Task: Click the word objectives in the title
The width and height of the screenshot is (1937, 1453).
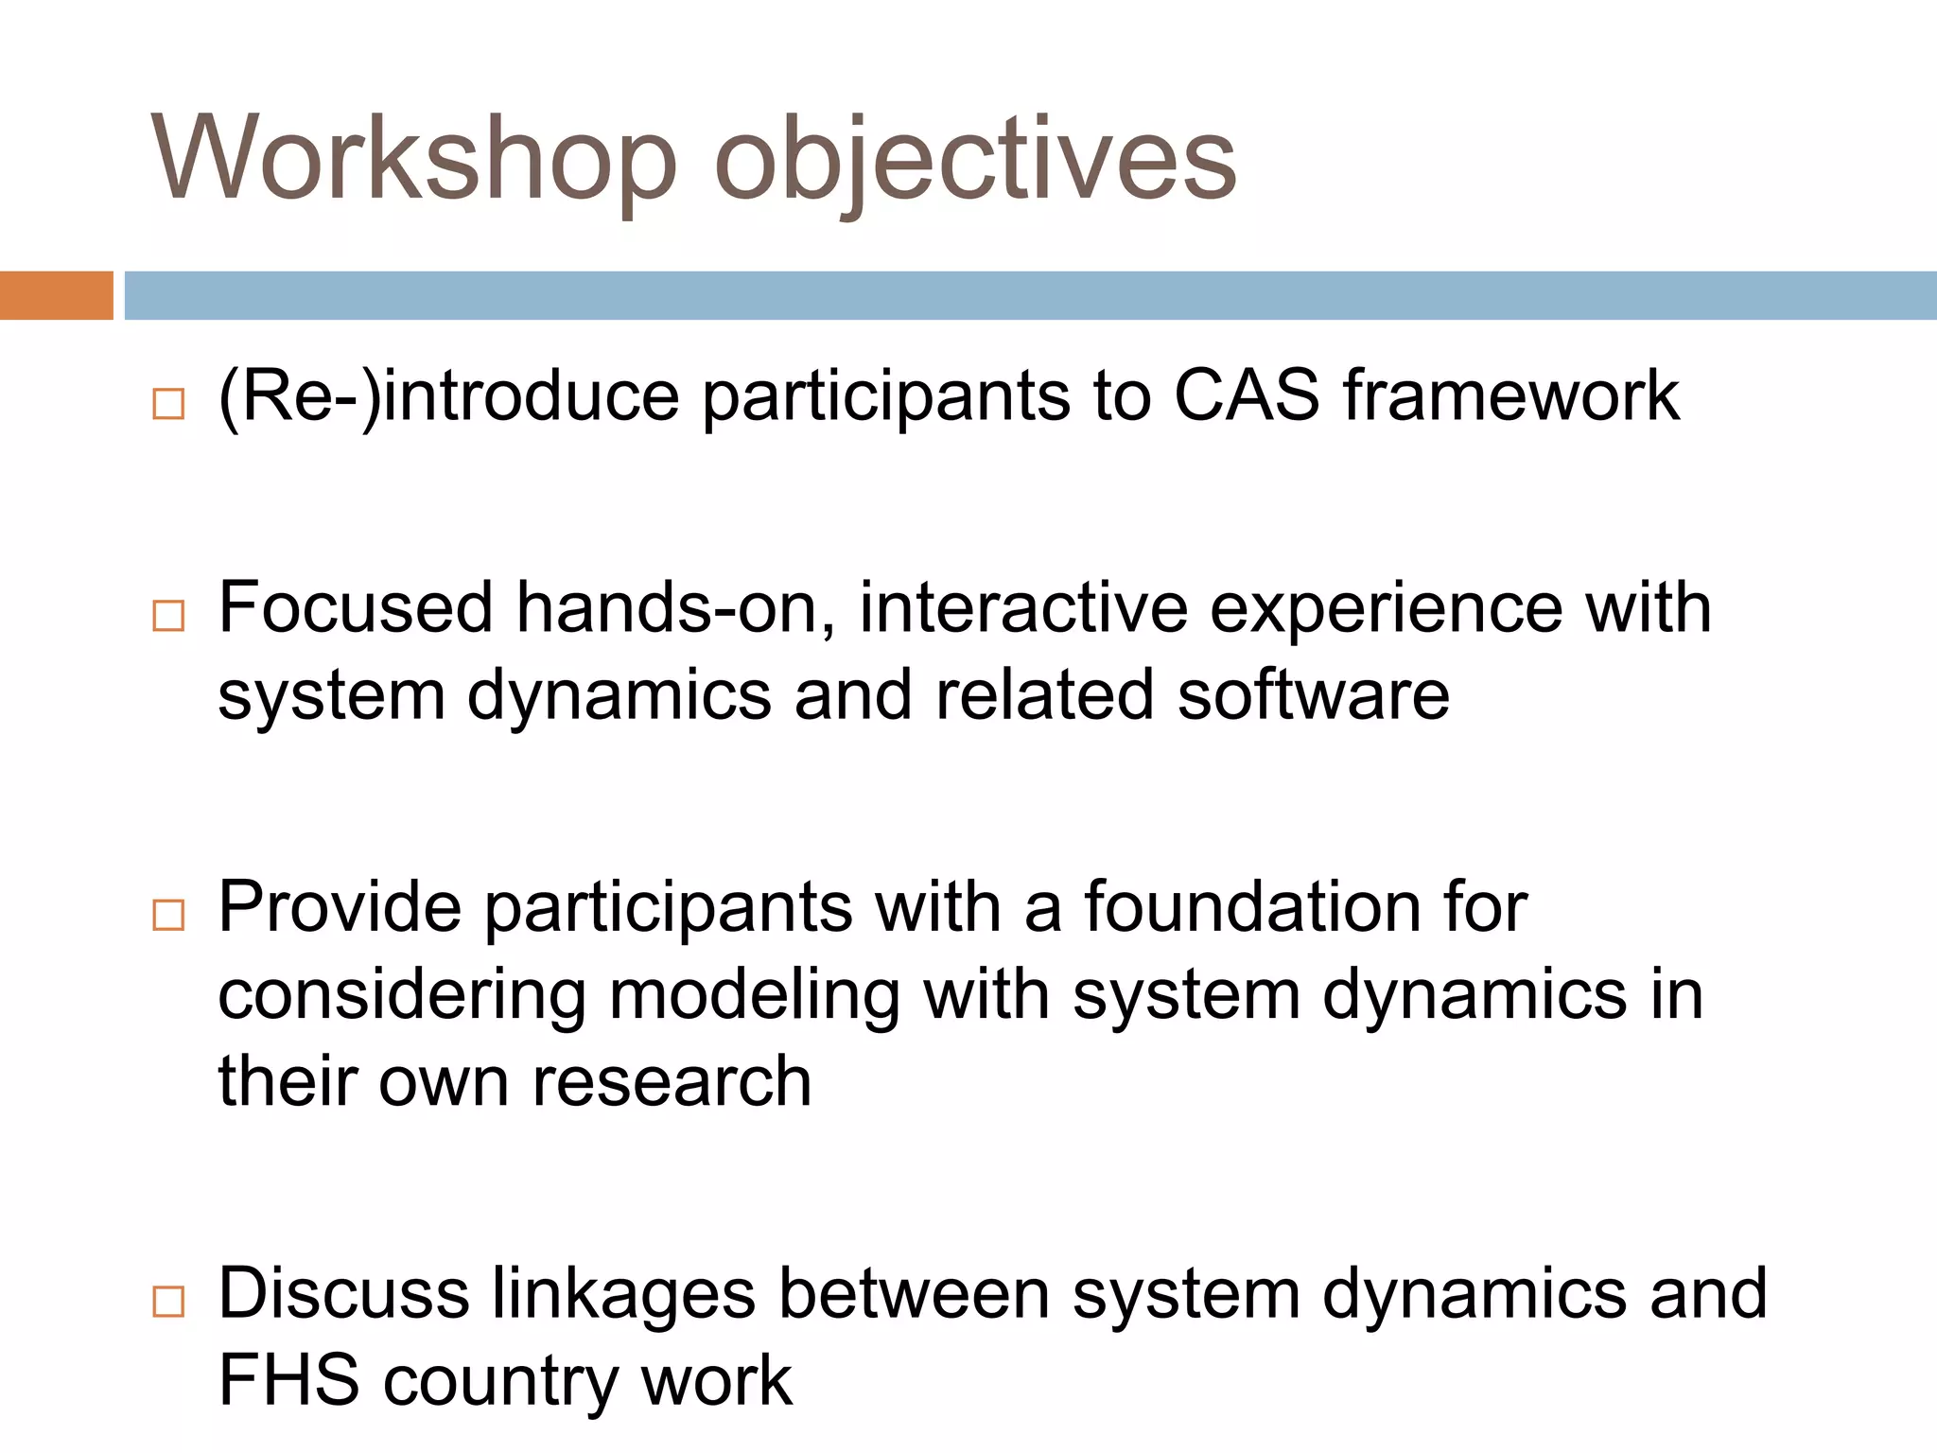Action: coord(974,161)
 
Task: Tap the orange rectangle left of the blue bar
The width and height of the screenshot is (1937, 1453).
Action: coord(56,295)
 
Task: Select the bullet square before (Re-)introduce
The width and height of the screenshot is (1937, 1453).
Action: coord(168,404)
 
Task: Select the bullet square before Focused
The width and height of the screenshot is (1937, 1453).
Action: coord(168,616)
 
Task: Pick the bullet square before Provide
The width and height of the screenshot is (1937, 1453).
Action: coord(168,915)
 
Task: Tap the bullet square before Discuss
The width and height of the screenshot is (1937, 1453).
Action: coord(168,1302)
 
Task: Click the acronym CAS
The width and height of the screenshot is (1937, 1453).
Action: coord(1246,395)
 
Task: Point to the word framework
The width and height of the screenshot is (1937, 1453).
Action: coord(1510,395)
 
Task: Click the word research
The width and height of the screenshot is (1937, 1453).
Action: coord(672,1081)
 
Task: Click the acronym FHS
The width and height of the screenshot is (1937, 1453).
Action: coord(288,1381)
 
